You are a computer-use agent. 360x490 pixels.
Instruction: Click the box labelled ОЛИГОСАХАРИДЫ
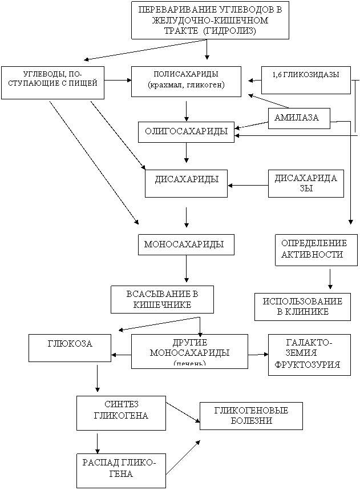coord(186,132)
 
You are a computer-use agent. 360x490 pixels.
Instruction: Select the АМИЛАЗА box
coord(299,118)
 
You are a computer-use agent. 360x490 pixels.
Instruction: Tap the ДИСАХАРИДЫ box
coord(186,183)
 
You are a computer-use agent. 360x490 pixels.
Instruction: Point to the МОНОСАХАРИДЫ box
coord(186,244)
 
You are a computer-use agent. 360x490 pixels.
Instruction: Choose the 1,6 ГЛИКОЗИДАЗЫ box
coord(306,80)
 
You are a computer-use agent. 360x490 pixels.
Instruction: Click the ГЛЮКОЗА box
coord(70,348)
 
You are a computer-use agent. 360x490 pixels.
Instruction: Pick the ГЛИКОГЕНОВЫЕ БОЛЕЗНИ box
coord(251,416)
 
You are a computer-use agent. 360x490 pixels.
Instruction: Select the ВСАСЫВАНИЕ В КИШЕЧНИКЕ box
coord(162,299)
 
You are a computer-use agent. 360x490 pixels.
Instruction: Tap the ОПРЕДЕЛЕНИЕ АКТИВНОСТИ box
coord(316,250)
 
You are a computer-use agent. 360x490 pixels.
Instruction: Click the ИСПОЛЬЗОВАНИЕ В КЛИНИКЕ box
coord(302,307)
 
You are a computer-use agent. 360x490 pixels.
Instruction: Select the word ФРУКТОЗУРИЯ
coord(308,364)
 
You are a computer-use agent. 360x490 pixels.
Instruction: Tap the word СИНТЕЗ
coord(122,404)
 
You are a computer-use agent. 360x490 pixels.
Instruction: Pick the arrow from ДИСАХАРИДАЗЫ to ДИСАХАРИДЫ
coord(248,186)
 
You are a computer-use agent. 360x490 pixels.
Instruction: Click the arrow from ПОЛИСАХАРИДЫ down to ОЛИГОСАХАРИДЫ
coord(186,111)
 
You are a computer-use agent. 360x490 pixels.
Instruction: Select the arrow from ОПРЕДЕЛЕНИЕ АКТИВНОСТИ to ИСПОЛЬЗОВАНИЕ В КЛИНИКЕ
coord(330,279)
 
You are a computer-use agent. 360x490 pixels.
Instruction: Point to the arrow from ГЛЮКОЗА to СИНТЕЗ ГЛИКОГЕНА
coord(98,379)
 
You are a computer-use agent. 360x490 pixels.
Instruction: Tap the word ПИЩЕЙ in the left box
coord(84,83)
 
